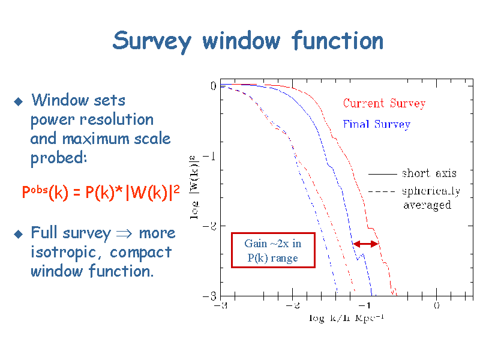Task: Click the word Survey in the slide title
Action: point(152,42)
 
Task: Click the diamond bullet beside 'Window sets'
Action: point(19,101)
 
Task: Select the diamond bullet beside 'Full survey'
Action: point(19,234)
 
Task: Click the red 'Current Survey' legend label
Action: point(384,103)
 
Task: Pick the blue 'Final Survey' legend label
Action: point(377,125)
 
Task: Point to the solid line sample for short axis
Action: point(383,174)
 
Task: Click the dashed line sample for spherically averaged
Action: point(383,191)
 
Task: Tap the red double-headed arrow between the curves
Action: point(366,244)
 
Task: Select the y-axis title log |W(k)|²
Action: point(194,187)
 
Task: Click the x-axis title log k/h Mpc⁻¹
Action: point(346,318)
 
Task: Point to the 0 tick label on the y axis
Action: point(214,86)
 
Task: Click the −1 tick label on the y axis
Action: point(209,157)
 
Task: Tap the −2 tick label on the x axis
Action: point(293,305)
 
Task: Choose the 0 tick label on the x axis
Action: point(437,305)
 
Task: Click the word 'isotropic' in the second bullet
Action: point(64,253)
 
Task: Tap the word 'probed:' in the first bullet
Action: point(58,158)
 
